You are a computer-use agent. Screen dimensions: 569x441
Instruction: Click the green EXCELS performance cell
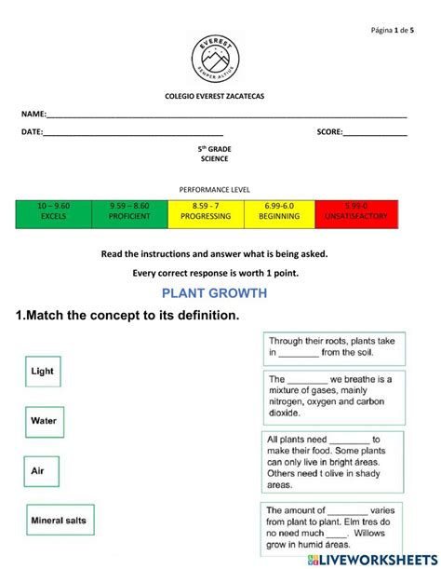coord(53,211)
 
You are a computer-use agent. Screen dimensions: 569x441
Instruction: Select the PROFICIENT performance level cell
coord(129,211)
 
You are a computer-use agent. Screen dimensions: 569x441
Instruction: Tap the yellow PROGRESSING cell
coord(206,211)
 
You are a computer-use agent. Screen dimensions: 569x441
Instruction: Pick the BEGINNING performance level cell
coord(280,211)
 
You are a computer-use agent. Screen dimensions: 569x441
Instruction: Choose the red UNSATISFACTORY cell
coord(355,211)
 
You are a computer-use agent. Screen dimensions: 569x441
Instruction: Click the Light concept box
coord(43,371)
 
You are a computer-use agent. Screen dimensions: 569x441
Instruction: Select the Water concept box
coord(44,421)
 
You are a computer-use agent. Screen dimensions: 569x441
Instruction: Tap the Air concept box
coord(38,471)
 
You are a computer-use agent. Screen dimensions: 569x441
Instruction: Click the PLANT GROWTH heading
coord(220,293)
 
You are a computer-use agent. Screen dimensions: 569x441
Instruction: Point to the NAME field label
coord(33,113)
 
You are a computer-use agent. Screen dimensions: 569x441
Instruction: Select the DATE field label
coord(32,132)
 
